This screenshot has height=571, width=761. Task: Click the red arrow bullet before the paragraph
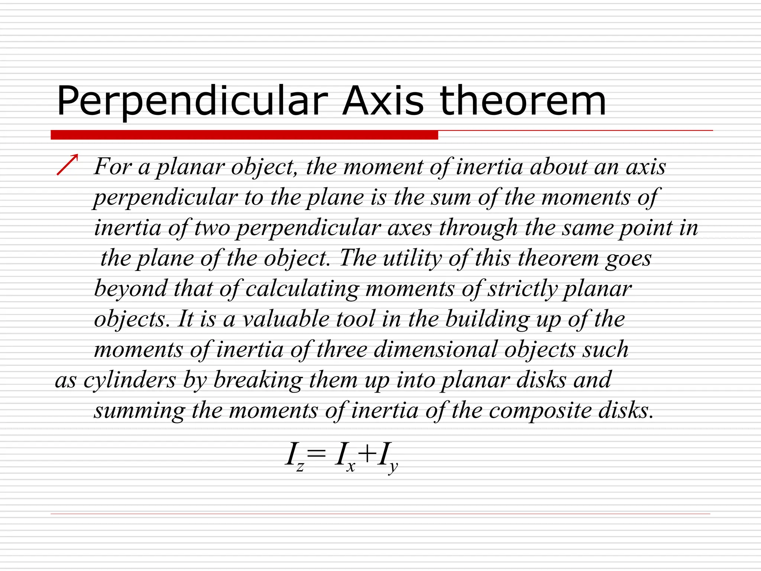(68, 164)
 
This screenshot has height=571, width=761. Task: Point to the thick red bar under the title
(244, 135)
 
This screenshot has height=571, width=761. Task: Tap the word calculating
(302, 289)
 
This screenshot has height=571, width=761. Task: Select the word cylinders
(130, 380)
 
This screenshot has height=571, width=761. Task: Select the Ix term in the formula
(344, 457)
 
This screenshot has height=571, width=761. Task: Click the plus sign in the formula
(366, 454)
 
